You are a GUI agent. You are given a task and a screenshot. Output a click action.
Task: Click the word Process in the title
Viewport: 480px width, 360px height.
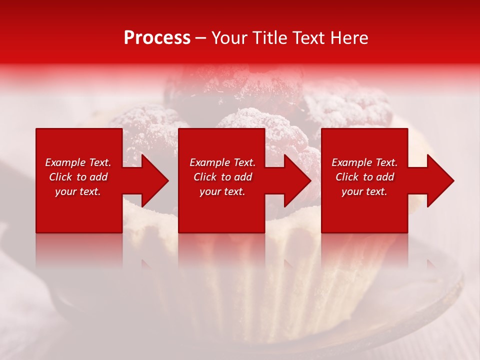[157, 38]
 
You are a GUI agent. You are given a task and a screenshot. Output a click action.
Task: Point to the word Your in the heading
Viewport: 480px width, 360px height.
[229, 38]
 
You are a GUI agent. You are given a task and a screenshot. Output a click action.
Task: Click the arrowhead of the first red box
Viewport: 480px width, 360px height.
[152, 180]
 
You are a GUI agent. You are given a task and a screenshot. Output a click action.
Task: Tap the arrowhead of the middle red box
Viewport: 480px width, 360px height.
[295, 180]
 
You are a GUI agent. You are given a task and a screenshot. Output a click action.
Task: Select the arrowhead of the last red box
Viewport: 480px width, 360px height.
[438, 180]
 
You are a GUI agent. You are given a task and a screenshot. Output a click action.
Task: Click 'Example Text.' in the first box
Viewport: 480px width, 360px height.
[78, 162]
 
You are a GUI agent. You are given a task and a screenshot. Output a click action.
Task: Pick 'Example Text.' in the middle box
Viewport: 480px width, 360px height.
[222, 162]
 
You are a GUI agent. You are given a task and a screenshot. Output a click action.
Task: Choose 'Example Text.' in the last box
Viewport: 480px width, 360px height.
[364, 162]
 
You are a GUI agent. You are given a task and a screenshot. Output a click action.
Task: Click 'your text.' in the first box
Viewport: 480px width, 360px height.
[78, 191]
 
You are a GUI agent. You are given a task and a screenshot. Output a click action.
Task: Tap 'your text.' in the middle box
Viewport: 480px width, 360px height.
[222, 191]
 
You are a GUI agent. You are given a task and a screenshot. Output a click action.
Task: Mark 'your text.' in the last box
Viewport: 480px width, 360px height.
[364, 191]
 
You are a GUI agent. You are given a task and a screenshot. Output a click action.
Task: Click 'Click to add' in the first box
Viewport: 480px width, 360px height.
[78, 177]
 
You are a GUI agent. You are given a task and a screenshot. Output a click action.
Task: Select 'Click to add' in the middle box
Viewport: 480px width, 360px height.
[222, 177]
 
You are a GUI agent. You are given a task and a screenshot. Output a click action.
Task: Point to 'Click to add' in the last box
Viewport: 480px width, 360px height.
[364, 177]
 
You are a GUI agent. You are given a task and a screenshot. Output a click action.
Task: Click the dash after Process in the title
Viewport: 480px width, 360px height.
[201, 38]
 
